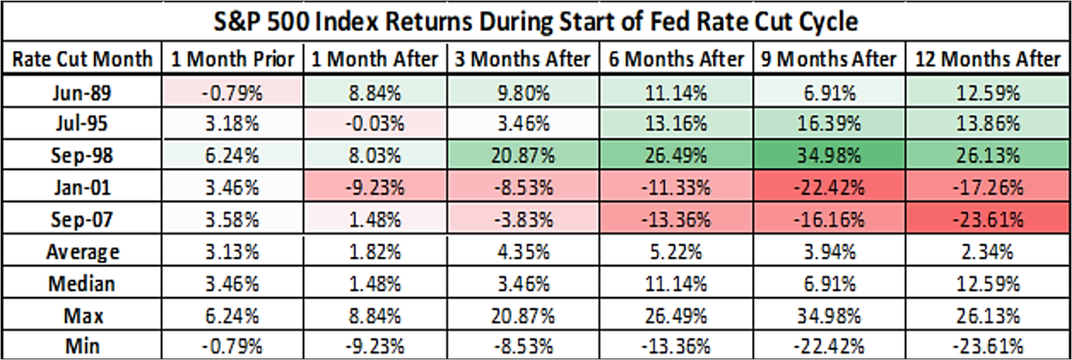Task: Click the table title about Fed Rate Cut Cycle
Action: (x=536, y=20)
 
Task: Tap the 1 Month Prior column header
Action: (x=232, y=59)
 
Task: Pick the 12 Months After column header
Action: (x=987, y=59)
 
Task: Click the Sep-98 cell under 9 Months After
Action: (x=828, y=157)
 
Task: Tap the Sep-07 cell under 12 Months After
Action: (x=987, y=220)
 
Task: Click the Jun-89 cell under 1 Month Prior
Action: (x=232, y=92)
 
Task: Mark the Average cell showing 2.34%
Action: (x=987, y=252)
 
